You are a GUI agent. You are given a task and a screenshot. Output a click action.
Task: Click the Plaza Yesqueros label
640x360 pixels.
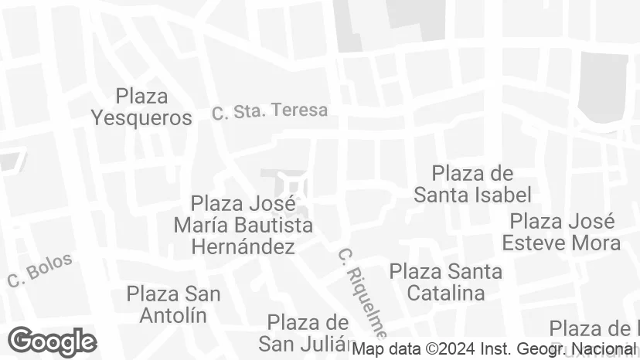141,107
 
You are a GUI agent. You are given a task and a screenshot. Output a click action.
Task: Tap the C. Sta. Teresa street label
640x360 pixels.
270,111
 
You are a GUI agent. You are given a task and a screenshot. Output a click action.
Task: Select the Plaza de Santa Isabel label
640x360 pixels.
472,184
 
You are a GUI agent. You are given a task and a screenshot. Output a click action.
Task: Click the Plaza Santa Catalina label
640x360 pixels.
446,282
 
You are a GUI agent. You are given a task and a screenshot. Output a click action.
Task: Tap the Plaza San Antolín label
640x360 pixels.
173,304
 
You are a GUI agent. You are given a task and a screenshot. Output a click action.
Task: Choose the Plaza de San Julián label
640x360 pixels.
307,332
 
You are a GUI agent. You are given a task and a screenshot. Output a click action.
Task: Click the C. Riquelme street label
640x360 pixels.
361,293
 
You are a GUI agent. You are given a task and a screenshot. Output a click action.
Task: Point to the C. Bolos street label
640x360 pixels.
39,270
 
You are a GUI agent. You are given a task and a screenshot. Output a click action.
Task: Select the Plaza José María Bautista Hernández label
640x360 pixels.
243,226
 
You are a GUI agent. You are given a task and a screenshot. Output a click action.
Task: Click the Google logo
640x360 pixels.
52,341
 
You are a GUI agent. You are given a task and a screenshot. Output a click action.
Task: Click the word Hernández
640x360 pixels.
243,247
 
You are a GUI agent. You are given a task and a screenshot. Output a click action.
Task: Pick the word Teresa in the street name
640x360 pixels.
300,110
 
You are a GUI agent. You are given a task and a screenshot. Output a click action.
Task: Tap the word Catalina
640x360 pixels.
446,293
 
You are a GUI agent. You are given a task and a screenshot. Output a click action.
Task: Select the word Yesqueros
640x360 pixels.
141,117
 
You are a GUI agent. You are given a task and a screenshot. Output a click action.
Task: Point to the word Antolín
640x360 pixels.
173,315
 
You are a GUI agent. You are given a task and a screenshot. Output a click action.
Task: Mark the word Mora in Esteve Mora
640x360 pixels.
596,243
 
